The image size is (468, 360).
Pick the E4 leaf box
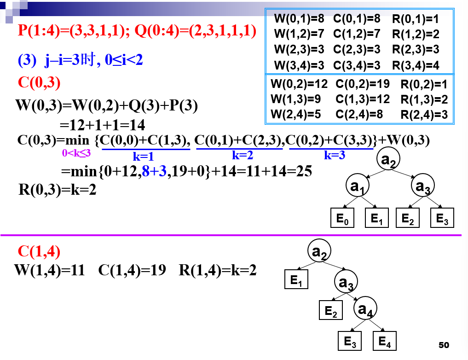point(385,342)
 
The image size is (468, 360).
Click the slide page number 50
point(444,345)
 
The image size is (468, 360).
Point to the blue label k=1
point(143,156)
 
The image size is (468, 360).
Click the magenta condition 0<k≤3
point(76,153)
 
